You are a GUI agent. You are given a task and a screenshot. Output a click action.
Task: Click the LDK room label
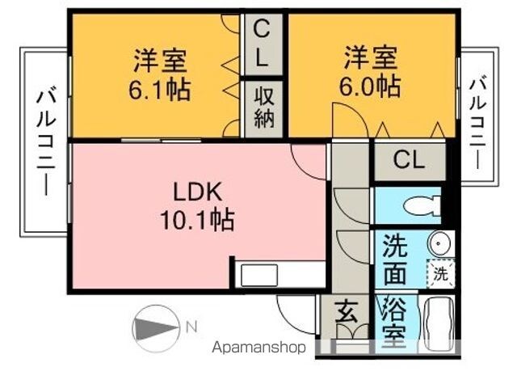coord(197,192)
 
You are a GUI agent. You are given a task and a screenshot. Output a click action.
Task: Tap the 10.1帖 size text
coord(197,220)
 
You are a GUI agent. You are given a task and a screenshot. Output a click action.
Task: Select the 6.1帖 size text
coord(160,89)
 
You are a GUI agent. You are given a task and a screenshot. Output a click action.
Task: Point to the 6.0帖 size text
coord(370,86)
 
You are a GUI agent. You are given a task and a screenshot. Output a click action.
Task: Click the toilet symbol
coord(422,205)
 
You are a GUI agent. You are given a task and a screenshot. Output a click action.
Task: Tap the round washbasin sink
coord(439,243)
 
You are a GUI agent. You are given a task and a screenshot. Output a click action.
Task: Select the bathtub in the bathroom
coord(439,323)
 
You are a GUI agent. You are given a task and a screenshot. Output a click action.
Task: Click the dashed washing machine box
coord(440,273)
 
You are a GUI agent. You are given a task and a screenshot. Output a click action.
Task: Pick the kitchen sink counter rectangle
coord(258,275)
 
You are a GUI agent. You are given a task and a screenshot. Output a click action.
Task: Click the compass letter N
coord(191,327)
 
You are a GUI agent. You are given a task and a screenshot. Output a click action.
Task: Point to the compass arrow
coord(156,329)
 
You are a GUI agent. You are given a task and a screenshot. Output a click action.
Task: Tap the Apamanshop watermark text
coord(258,347)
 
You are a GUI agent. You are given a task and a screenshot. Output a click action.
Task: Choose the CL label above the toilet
coord(409,160)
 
